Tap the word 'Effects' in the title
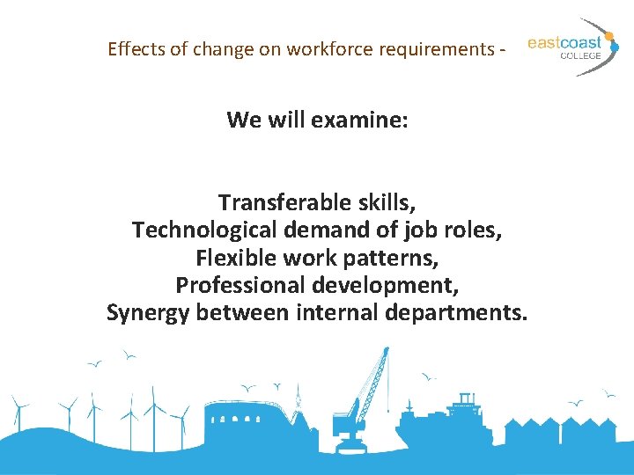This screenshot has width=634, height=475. [x=135, y=49]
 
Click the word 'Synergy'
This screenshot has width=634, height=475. [x=148, y=314]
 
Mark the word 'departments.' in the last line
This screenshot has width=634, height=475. [x=466, y=314]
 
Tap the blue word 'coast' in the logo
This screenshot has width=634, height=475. [x=582, y=42]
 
